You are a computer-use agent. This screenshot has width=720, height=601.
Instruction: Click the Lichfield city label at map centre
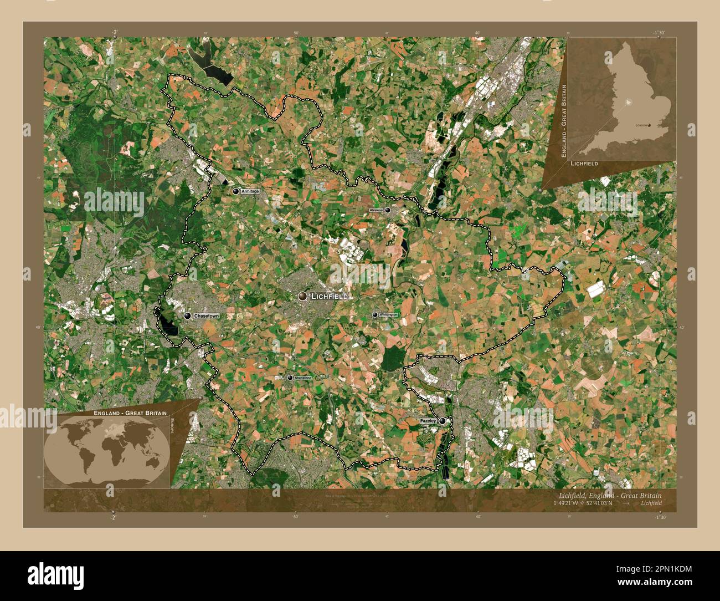[x=330, y=297]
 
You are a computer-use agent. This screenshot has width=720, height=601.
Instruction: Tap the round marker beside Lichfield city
[x=302, y=297]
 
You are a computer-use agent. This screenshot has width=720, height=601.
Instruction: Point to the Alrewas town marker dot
[x=388, y=210]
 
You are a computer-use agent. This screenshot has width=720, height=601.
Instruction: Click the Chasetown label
[x=206, y=316]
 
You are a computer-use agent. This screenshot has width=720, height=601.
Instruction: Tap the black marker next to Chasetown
[x=188, y=316]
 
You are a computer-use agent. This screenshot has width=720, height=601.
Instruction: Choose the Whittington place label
[x=389, y=315]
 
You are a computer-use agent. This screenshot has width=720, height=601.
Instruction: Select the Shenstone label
[x=304, y=378]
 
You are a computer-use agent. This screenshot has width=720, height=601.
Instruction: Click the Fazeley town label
[x=428, y=421]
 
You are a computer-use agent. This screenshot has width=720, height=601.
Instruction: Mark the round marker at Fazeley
[x=442, y=421]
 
